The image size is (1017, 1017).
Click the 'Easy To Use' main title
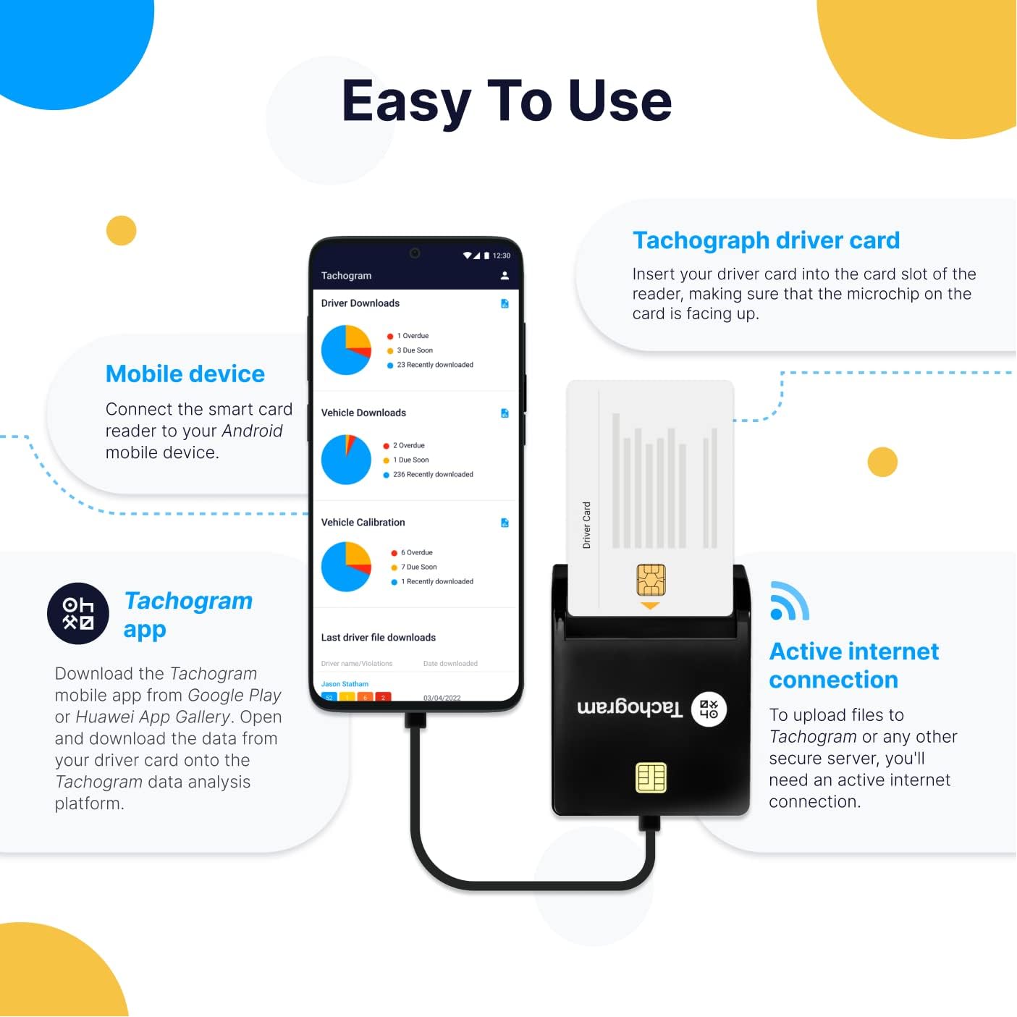coord(507,101)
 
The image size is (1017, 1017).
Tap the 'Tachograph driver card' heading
coord(766,240)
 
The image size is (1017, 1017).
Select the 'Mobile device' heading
coord(185,374)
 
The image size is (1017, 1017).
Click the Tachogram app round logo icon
coord(78,613)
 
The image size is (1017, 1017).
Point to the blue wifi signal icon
coord(788,602)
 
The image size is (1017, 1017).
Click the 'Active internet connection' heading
coord(853,665)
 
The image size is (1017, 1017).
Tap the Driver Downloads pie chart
coord(346,350)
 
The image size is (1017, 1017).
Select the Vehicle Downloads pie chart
coord(346,460)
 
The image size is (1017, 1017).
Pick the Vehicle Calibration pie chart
coord(346,567)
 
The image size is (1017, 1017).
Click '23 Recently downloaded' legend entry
coord(434,365)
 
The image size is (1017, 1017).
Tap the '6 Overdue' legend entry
coord(416,552)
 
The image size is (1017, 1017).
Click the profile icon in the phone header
coord(505,276)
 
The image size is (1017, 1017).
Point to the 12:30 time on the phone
coord(502,256)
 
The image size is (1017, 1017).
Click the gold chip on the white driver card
coord(651,579)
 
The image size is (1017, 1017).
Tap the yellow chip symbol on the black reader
coord(651,777)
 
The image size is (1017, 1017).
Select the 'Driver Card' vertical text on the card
coord(587,525)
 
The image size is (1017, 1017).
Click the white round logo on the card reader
coord(709,709)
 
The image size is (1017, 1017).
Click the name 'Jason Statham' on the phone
coord(345,684)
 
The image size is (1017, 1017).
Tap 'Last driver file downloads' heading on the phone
coord(379,638)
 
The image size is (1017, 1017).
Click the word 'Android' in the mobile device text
coord(252,431)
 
